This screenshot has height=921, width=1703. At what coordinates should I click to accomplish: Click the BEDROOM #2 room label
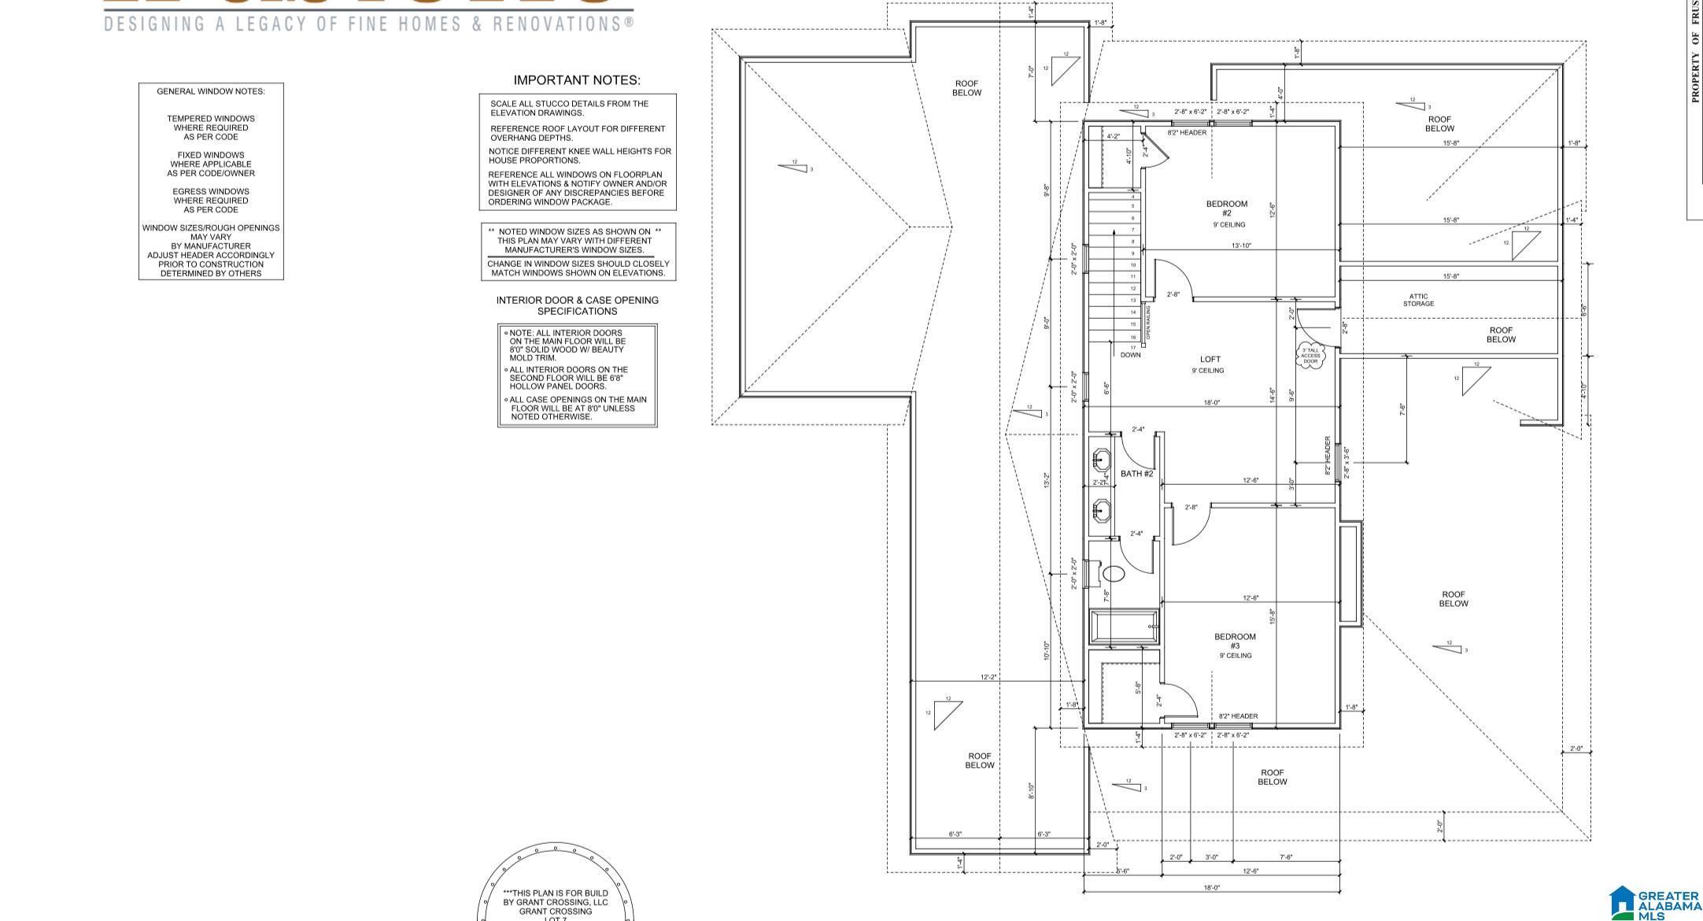[x=1226, y=209]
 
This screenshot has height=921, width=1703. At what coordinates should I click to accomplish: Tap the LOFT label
[x=1210, y=359]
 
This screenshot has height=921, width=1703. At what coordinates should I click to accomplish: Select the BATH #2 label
[x=1136, y=474]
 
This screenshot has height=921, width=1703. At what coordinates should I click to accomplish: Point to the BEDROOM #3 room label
[x=1235, y=641]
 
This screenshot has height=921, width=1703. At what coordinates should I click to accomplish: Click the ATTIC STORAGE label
[x=1418, y=300]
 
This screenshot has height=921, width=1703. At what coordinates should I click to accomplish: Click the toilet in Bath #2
[x=1113, y=573]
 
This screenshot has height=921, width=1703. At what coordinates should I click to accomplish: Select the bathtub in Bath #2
[x=1124, y=627]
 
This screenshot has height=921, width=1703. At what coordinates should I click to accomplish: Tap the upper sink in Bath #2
[x=1101, y=459]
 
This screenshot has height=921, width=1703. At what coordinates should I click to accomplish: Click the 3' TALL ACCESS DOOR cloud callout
[x=1310, y=355]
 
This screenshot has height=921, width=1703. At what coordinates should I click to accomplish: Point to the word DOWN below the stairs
[x=1130, y=355]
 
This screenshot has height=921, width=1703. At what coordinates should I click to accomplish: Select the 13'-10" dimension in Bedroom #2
[x=1241, y=246]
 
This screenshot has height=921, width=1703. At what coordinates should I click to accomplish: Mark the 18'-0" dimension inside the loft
[x=1211, y=402]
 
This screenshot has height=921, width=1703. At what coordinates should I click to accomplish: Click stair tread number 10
[x=1133, y=265]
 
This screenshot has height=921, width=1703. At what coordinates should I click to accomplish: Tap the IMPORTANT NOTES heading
[x=577, y=80]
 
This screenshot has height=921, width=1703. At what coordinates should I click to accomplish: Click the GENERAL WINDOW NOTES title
[x=211, y=91]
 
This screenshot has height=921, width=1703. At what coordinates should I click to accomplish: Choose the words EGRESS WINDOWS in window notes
[x=211, y=191]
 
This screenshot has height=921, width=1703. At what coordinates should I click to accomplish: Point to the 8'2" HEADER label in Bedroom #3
[x=1238, y=716]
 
